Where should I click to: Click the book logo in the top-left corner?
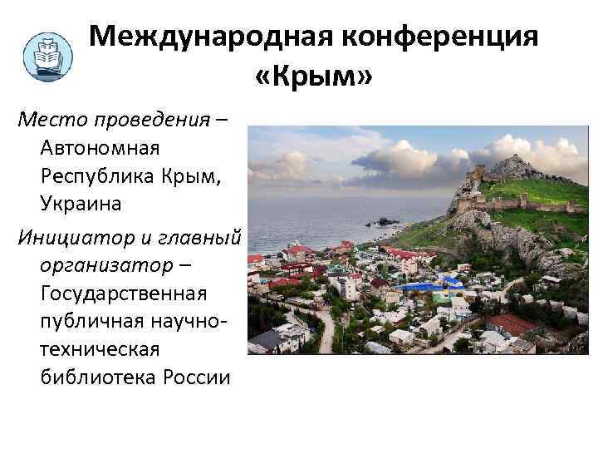(x=47, y=57)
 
